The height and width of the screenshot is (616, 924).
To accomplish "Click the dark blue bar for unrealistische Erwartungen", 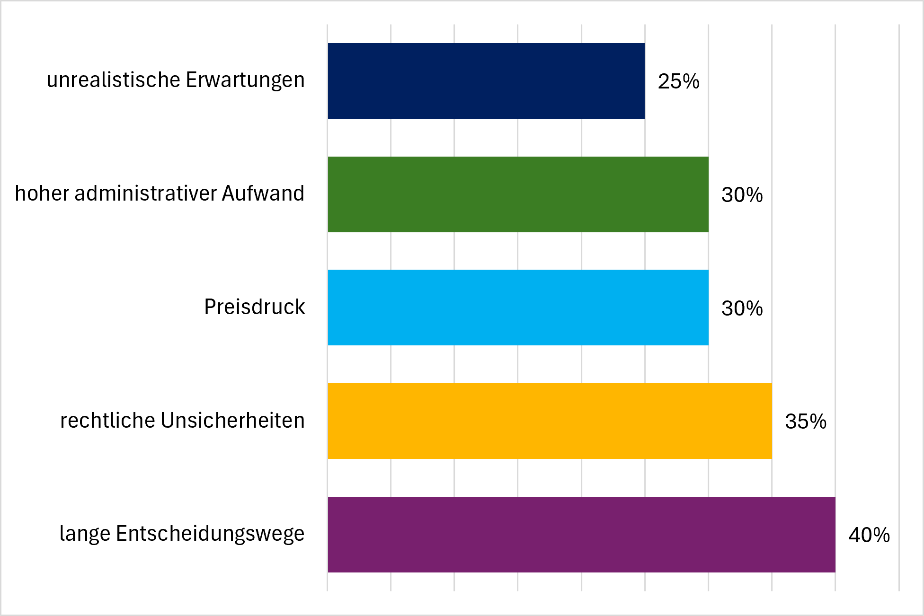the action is pos(486,81).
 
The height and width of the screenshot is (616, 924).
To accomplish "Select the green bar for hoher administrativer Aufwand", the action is pos(518,194).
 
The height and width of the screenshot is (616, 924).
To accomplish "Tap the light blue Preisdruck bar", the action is pos(518,308).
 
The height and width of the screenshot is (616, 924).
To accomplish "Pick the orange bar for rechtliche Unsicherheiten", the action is pos(550,421).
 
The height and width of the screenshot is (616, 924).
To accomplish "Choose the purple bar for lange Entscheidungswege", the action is pos(581,535).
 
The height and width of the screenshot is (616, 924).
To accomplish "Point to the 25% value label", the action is pos(678,81).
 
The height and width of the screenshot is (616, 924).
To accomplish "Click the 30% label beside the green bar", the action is pos(742,195).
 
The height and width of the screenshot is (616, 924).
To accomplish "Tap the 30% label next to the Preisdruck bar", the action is pos(742,308).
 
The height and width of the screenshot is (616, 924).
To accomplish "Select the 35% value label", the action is pos(806,422).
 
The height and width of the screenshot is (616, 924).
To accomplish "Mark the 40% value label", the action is pos(869,535).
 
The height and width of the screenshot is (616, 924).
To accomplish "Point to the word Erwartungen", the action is pos(245,80).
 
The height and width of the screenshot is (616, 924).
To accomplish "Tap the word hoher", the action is pos(42,193).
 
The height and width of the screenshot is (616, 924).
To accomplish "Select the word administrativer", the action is pos(145,193).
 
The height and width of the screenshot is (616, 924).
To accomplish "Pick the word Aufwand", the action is pos(263,193).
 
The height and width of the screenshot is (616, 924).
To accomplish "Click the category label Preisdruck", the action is pos(255,307).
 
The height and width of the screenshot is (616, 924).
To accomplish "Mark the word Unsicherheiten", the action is pos(233,420).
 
